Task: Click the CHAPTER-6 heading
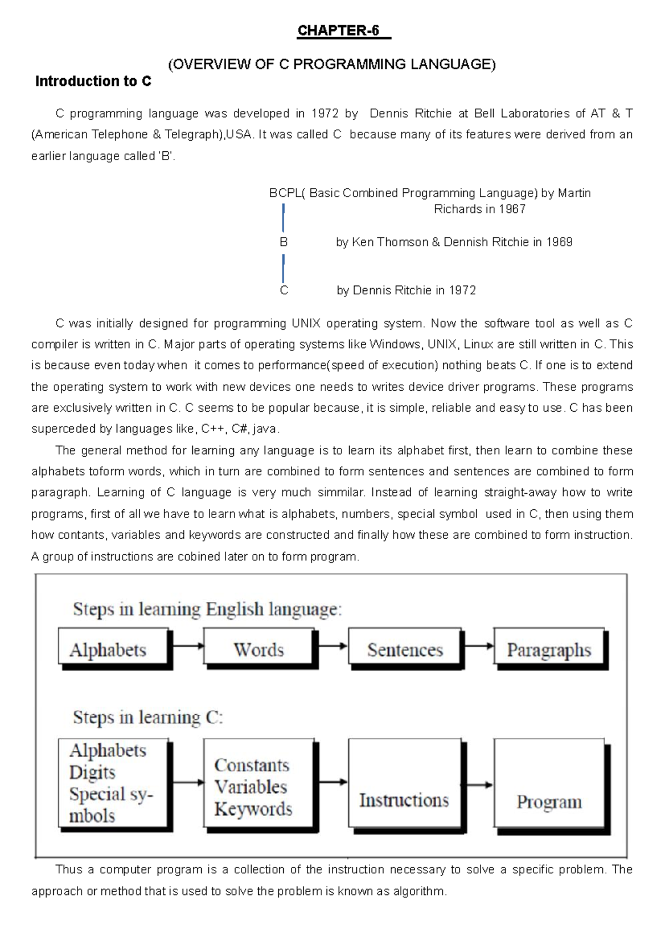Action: click(x=338, y=31)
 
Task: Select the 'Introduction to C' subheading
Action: click(x=93, y=81)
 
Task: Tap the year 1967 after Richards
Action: click(x=512, y=209)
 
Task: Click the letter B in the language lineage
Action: click(x=284, y=242)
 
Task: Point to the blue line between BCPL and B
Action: click(x=283, y=218)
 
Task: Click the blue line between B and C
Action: click(x=283, y=268)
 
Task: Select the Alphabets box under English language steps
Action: click(x=113, y=646)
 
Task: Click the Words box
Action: click(x=259, y=646)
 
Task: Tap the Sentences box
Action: click(x=405, y=646)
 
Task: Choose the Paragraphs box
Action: click(x=549, y=646)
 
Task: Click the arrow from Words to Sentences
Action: click(x=332, y=646)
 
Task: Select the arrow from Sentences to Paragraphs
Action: click(x=478, y=646)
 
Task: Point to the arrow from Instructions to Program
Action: click(x=479, y=785)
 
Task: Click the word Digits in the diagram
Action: click(x=92, y=772)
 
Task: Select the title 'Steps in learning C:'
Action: click(x=148, y=717)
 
